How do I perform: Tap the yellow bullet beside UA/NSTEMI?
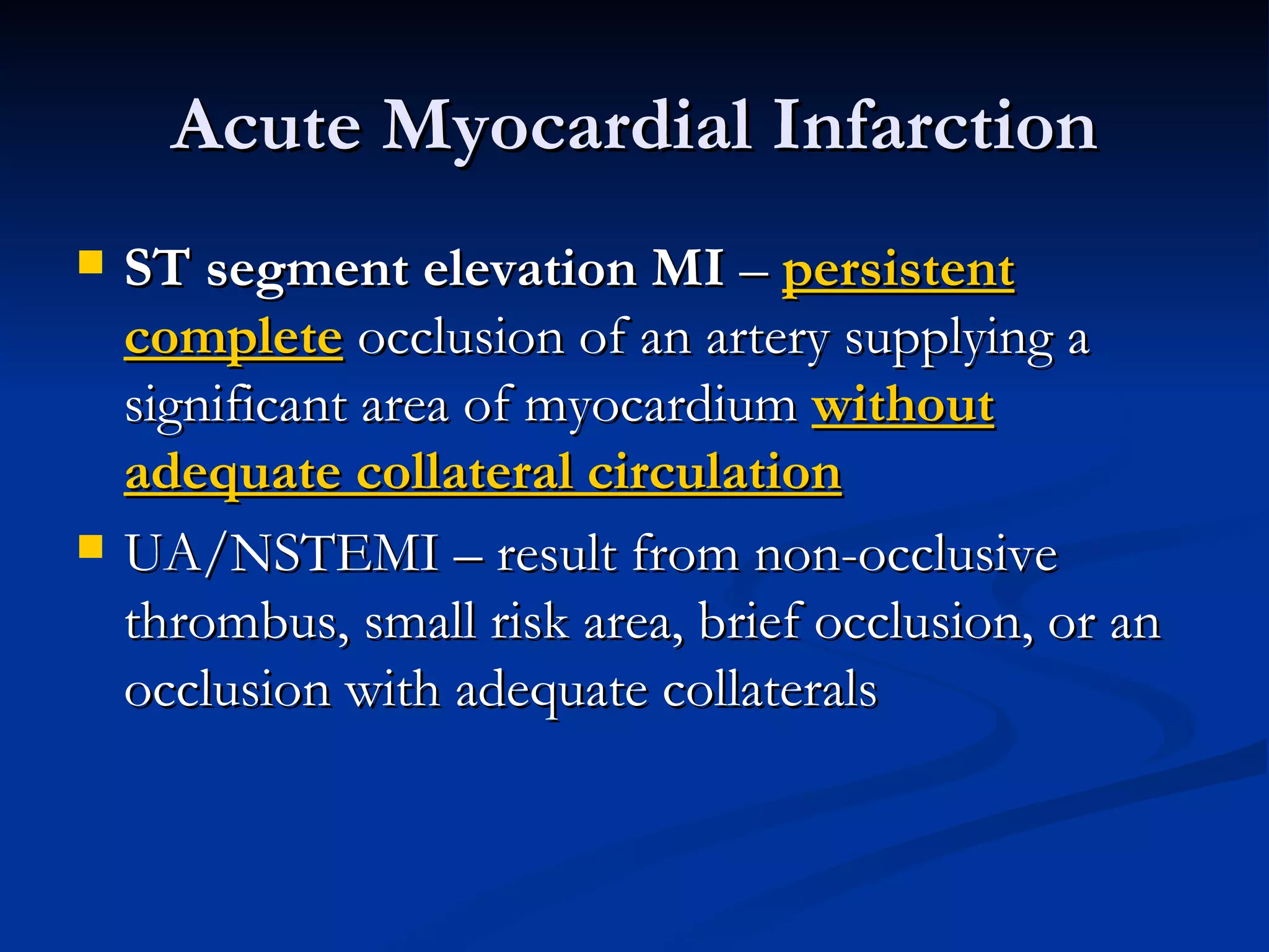90,546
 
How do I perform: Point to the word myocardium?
661,407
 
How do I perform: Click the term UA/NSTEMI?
282,553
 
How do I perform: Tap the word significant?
236,407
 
